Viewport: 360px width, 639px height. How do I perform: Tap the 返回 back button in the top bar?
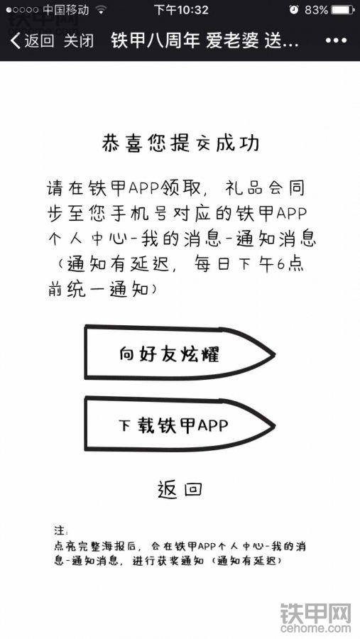[x=33, y=40]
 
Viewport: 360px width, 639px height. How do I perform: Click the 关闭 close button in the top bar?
[x=79, y=40]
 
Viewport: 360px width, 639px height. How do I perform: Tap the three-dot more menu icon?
[x=336, y=40]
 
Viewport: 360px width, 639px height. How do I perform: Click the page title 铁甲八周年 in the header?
[x=156, y=40]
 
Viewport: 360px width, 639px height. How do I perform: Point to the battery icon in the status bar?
[x=343, y=10]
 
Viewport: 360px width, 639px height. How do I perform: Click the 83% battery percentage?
[x=316, y=10]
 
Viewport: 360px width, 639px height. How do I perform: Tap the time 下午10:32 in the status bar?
[x=181, y=10]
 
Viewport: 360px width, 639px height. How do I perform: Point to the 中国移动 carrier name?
[x=65, y=10]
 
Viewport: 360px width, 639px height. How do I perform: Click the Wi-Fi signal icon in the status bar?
[x=100, y=10]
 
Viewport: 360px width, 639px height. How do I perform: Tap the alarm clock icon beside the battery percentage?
[x=294, y=10]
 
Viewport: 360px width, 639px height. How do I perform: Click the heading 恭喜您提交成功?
[x=180, y=143]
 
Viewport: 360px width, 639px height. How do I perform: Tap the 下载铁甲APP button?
[x=180, y=425]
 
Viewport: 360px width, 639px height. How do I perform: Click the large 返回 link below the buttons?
[x=180, y=489]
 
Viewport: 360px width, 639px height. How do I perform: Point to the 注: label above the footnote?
[x=61, y=530]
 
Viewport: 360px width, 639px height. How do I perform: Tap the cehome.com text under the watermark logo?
[x=315, y=628]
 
